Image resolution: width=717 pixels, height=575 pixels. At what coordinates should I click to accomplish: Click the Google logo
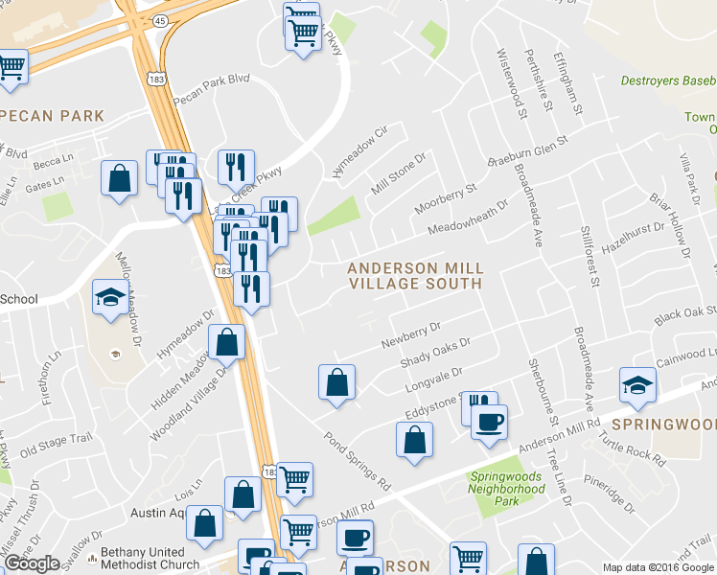click(32, 563)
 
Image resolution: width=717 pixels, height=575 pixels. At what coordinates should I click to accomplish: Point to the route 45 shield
click(159, 19)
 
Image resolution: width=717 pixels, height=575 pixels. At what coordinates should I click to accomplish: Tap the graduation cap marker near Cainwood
click(637, 385)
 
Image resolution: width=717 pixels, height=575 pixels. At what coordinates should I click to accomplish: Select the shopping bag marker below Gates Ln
click(119, 178)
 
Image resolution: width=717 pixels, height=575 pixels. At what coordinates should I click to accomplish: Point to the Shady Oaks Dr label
click(436, 356)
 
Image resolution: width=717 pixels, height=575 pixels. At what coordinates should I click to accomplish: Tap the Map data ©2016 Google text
click(658, 567)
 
